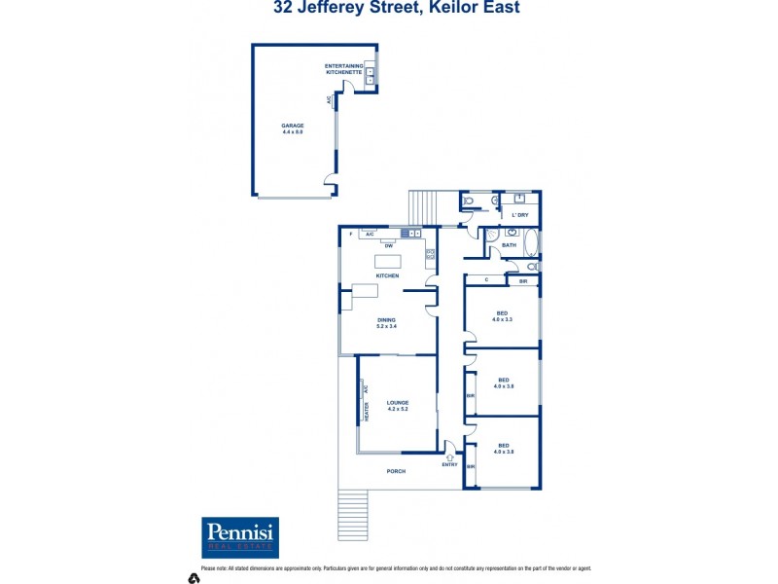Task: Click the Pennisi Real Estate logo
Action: (240, 537)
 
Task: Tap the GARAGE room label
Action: (293, 128)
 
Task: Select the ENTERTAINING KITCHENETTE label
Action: (343, 69)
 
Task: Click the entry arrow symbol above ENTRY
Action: (450, 455)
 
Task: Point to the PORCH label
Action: (396, 471)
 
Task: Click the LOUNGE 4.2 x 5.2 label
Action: (397, 405)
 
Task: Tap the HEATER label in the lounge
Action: (367, 413)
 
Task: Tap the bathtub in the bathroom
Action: (531, 241)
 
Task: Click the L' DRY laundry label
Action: (521, 215)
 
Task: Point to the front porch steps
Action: (353, 512)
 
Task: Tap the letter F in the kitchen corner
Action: (350, 235)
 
